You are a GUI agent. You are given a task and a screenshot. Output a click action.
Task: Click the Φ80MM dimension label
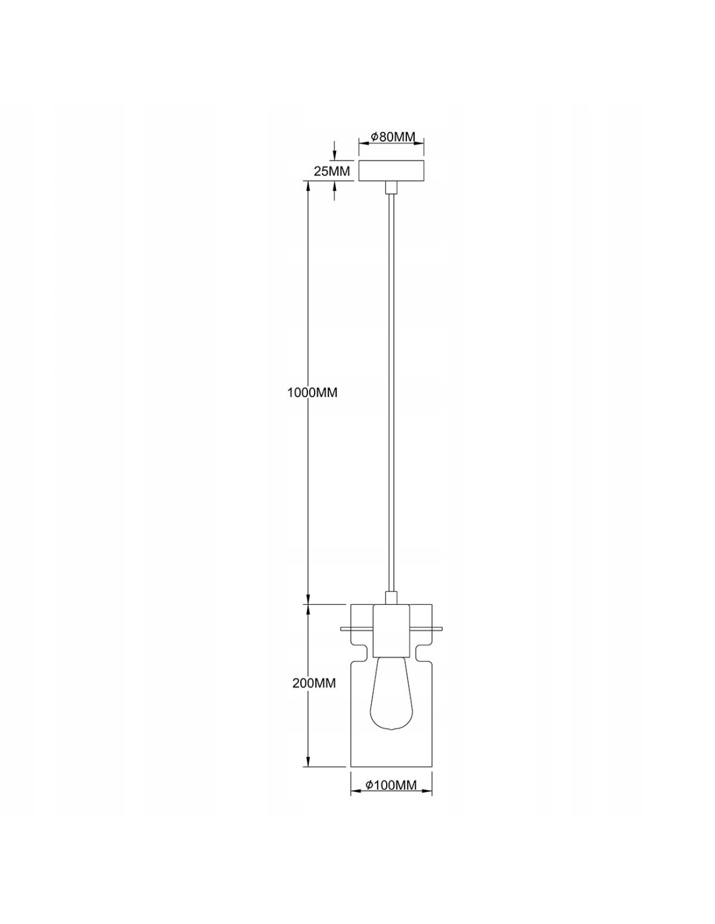(x=392, y=136)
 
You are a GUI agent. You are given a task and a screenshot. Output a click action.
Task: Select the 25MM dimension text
(x=331, y=171)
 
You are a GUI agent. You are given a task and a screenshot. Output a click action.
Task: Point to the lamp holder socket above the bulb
(x=391, y=630)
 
